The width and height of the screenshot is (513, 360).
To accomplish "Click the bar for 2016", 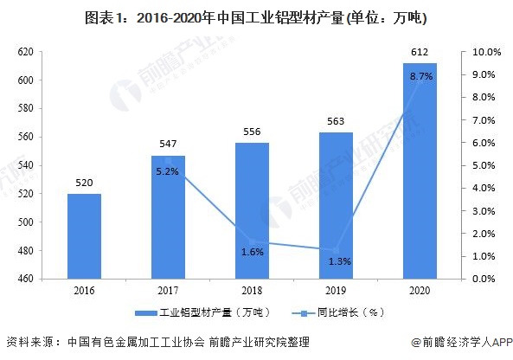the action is [x=84, y=236].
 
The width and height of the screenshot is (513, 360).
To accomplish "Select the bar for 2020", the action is [x=420, y=170].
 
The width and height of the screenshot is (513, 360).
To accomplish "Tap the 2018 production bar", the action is [x=252, y=211].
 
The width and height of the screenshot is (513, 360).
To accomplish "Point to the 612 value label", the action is [x=420, y=52].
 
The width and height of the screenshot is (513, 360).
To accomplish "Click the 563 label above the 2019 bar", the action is [x=336, y=121].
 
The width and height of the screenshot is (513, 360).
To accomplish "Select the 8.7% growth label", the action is [x=421, y=76].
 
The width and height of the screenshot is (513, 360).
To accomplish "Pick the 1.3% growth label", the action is [x=340, y=261].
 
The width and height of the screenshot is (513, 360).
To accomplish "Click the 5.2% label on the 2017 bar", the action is [x=167, y=171].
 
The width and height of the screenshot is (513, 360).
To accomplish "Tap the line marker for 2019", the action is [x=336, y=251].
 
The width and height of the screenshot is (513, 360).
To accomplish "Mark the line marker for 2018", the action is [x=252, y=242].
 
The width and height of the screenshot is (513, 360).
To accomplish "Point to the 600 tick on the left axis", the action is [x=25, y=80].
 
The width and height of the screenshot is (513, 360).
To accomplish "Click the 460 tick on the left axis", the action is [x=25, y=279].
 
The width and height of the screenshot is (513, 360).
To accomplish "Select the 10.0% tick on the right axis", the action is [x=486, y=52].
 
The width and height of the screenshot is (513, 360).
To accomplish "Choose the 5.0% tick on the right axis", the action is [x=484, y=165].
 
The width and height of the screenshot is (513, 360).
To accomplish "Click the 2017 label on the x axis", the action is [x=168, y=291].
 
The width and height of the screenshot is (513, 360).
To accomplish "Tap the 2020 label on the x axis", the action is [x=420, y=291].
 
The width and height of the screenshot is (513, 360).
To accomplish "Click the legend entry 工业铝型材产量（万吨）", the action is [x=203, y=313].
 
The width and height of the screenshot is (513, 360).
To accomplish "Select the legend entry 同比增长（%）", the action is [x=338, y=313].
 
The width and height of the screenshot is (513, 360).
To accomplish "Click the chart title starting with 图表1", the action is [x=256, y=18].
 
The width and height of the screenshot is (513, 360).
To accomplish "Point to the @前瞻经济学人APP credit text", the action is [x=462, y=342].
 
